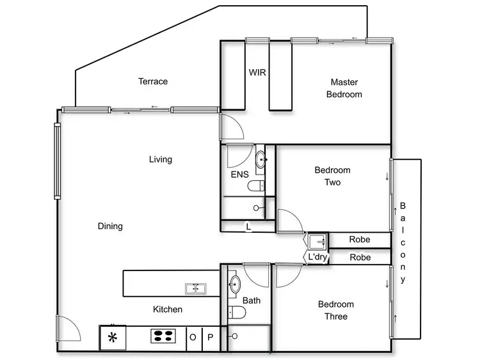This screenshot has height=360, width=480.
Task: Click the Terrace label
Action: point(153,81)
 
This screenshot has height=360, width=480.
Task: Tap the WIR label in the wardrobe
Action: point(257,72)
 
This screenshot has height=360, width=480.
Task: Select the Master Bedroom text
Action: point(344,88)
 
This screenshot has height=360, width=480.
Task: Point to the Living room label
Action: point(161,159)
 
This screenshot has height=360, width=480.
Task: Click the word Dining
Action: point(110,226)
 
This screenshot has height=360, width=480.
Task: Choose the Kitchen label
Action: point(168,309)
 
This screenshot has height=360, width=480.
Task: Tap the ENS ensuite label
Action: point(239,175)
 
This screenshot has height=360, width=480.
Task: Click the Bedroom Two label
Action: point(332,176)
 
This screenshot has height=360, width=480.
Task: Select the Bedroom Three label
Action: point(335,310)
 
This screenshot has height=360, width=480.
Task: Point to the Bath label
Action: point(250,300)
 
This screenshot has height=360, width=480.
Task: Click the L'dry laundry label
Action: point(317,257)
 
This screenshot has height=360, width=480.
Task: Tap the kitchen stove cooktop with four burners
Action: point(164,336)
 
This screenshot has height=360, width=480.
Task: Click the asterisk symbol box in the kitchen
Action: point(113,337)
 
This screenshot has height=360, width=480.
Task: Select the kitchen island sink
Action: point(195,289)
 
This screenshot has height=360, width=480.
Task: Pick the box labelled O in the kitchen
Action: point(193,338)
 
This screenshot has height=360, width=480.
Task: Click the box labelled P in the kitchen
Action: point(210,338)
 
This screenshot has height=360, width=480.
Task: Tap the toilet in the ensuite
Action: point(257,186)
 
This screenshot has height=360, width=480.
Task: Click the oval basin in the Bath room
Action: point(235,285)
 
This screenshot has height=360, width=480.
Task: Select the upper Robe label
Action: point(360,240)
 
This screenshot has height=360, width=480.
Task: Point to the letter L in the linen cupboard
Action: point(248,226)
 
